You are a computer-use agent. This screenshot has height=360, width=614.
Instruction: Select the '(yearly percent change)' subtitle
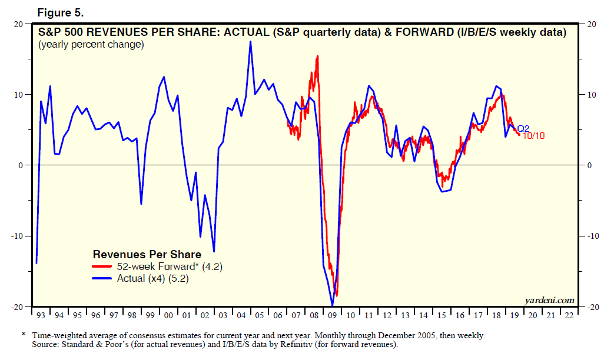click(91, 45)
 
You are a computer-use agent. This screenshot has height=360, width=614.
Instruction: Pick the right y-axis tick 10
click(588, 95)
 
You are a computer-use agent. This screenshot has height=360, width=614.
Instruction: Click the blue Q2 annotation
click(523, 128)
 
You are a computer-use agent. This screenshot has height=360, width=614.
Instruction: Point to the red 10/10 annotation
click(534, 136)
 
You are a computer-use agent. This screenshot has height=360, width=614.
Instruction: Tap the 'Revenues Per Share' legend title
click(147, 255)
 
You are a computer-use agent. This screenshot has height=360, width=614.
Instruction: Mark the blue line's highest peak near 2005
click(250, 42)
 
